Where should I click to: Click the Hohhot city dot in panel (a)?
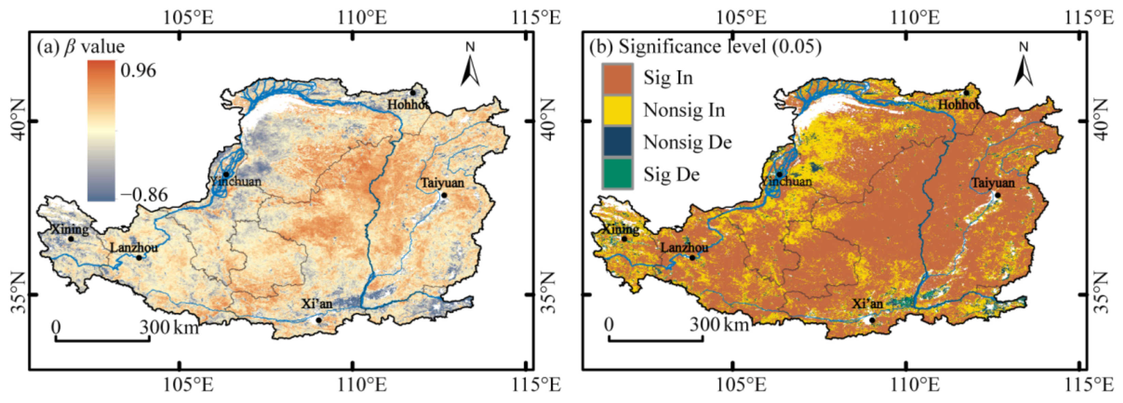pyautogui.click(x=413, y=92)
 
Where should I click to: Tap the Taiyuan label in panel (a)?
pyautogui.click(x=442, y=183)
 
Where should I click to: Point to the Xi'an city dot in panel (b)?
pyautogui.click(x=872, y=320)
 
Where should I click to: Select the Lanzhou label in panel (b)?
pyautogui.click(x=684, y=247)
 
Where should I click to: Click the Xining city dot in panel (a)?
pyautogui.click(x=71, y=239)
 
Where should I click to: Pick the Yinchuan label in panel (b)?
pyautogui.click(x=787, y=181)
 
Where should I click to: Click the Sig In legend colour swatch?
pyautogui.click(x=617, y=78)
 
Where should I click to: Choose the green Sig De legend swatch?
pyautogui.click(x=617, y=174)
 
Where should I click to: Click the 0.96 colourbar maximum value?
pyautogui.click(x=138, y=71)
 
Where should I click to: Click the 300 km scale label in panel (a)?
pyautogui.click(x=169, y=327)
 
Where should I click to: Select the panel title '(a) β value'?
pyautogui.click(x=81, y=47)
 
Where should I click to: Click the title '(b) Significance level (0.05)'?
pyautogui.click(x=705, y=47)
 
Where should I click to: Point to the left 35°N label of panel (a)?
pyautogui.click(x=17, y=294)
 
